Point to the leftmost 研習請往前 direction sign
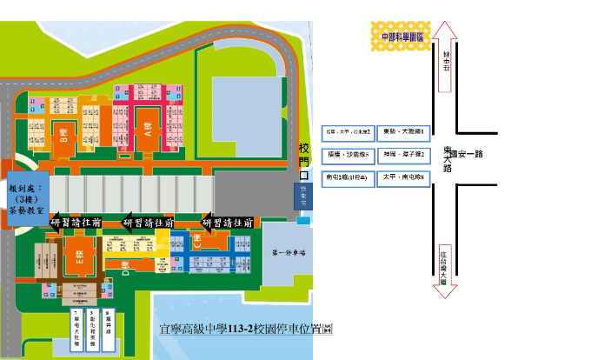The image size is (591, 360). point(76,223)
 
